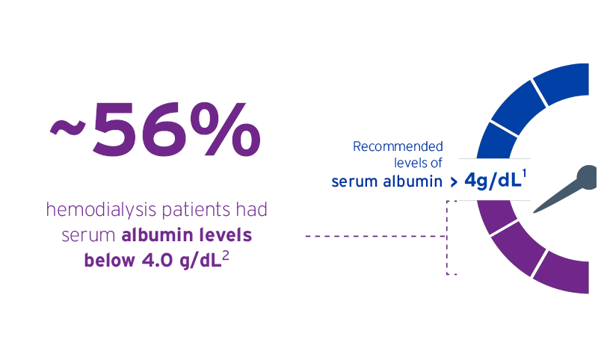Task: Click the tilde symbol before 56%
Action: click(67, 127)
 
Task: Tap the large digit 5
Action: click(114, 129)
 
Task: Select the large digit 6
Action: click(161, 129)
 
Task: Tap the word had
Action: click(252, 209)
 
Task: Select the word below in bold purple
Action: click(109, 260)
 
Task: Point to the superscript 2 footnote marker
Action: click(226, 256)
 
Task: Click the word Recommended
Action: click(398, 146)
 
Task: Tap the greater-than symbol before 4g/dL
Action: click(454, 182)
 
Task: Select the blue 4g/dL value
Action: click(493, 181)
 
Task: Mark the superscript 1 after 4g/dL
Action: click(525, 174)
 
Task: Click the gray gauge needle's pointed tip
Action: click(534, 212)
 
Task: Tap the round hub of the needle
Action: click(588, 176)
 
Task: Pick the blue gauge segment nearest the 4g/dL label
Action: click(496, 141)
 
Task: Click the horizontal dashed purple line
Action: click(376, 236)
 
